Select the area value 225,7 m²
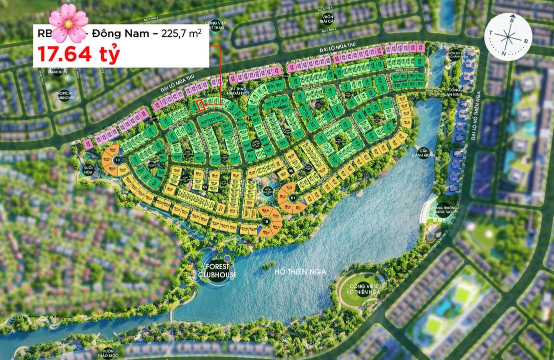click(x=184, y=34)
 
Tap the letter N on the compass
click(x=504, y=53)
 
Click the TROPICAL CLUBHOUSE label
click(x=64, y=95)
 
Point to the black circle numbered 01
click(x=293, y=196)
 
